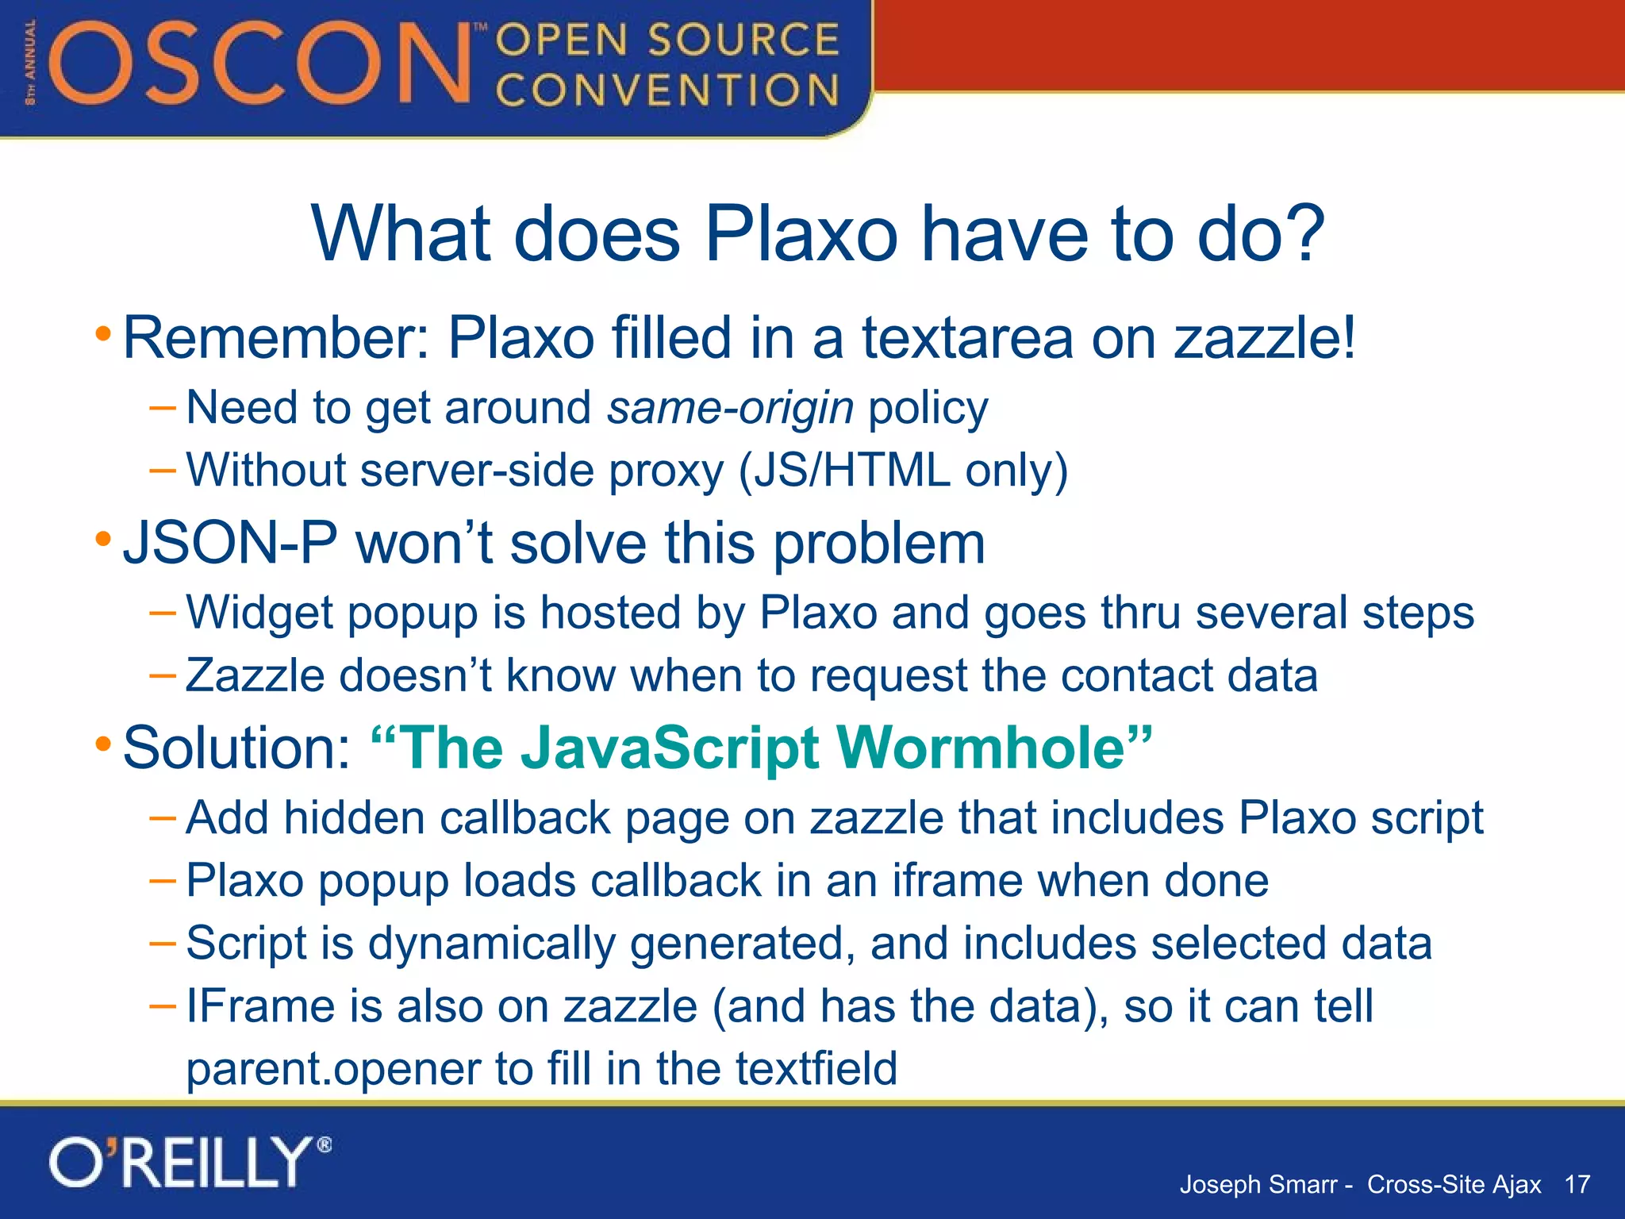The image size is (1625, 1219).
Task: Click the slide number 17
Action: [1577, 1184]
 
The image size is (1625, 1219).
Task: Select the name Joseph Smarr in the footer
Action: [1258, 1184]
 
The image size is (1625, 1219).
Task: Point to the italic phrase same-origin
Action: [730, 408]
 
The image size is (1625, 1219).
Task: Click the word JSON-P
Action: [230, 544]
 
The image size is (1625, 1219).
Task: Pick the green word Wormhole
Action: [981, 748]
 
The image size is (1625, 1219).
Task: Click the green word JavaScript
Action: [670, 748]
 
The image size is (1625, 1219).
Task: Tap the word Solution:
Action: [236, 748]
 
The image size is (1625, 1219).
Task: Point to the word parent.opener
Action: [333, 1069]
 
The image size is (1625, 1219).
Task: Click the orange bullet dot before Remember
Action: [103, 334]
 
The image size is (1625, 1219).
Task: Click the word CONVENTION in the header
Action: [667, 90]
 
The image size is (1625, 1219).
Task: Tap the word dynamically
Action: [492, 944]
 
